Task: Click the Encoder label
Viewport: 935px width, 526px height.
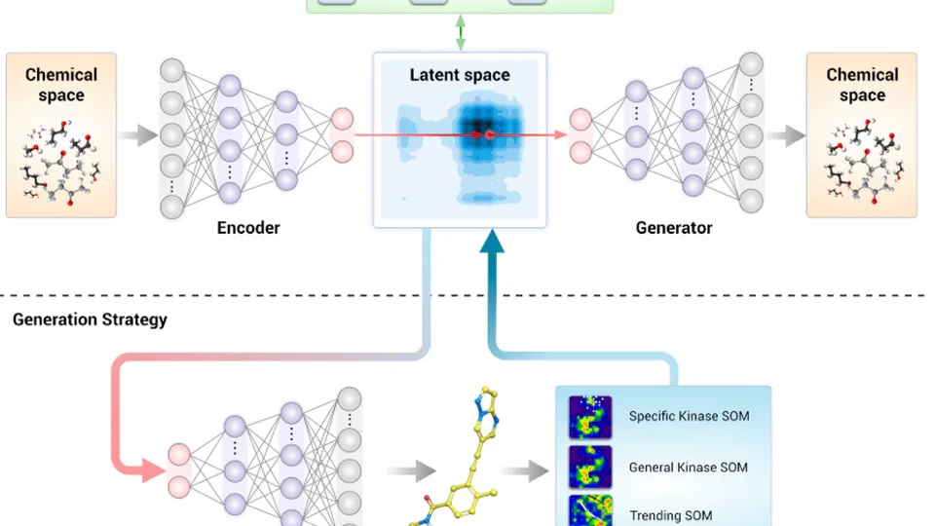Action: pyautogui.click(x=247, y=228)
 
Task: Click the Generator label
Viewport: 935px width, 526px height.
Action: pyautogui.click(x=674, y=228)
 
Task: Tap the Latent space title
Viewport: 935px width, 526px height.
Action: pyautogui.click(x=460, y=75)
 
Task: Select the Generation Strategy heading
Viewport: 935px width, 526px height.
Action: pyautogui.click(x=90, y=319)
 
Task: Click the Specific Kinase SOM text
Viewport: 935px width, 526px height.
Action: pyautogui.click(x=689, y=417)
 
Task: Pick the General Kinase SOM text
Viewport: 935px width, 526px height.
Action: pyautogui.click(x=688, y=468)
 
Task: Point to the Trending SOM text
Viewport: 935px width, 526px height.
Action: pyautogui.click(x=670, y=515)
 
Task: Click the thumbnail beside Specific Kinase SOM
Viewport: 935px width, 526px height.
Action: pyautogui.click(x=590, y=417)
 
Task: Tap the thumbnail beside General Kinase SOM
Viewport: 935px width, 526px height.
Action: pyautogui.click(x=590, y=467)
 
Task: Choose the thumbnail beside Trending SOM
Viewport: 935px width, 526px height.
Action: pyautogui.click(x=590, y=511)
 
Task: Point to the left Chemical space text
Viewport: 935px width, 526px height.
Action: pyautogui.click(x=61, y=85)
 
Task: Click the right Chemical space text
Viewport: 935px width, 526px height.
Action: pyautogui.click(x=862, y=85)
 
